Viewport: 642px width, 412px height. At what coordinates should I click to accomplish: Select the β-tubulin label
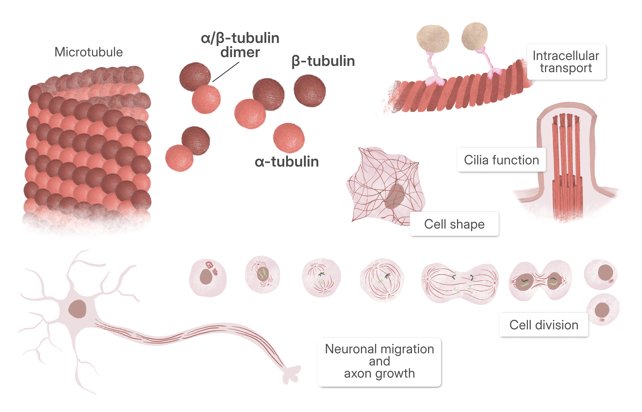323,62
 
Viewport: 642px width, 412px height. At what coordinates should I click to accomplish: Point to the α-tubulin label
287,162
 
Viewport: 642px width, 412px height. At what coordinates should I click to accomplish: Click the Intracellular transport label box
566,62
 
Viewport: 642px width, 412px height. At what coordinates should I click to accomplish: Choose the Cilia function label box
501,160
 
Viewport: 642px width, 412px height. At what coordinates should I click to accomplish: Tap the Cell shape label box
454,224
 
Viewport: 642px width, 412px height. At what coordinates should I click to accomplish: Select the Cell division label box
544,325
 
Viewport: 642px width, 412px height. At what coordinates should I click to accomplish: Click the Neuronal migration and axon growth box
379,362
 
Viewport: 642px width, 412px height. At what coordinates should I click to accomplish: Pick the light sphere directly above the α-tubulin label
289,138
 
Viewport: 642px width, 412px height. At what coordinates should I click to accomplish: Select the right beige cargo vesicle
475,36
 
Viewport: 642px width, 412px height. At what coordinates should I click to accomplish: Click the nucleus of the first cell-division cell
206,277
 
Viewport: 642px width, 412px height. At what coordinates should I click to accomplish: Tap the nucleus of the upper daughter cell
605,272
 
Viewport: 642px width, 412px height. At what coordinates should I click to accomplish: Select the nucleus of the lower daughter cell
602,310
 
